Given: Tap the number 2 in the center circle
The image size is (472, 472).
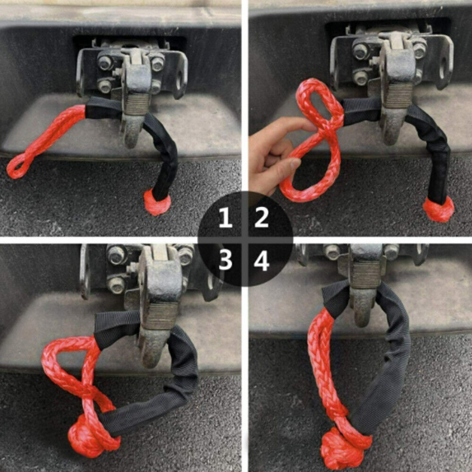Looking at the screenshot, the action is point(261,218).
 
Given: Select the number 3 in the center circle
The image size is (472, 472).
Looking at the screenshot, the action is point(226,260).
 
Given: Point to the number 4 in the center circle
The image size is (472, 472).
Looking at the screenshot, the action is point(261,260).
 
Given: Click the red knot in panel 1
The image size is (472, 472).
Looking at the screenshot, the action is point(157,202).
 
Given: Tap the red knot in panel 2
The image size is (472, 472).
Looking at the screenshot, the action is point(438,209).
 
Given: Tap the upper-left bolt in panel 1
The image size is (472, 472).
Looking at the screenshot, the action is point(105,62).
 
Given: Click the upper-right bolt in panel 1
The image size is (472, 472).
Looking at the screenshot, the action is point(158,64).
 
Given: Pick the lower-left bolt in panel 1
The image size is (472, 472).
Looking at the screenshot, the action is point(104,86).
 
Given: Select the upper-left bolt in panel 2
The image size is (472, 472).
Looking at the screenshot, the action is point(361,51).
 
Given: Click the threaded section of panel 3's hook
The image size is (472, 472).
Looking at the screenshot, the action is point(161,316).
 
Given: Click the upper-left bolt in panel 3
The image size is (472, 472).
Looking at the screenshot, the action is point(117,255).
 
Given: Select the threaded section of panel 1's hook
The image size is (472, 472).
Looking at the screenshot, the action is point(137,104).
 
